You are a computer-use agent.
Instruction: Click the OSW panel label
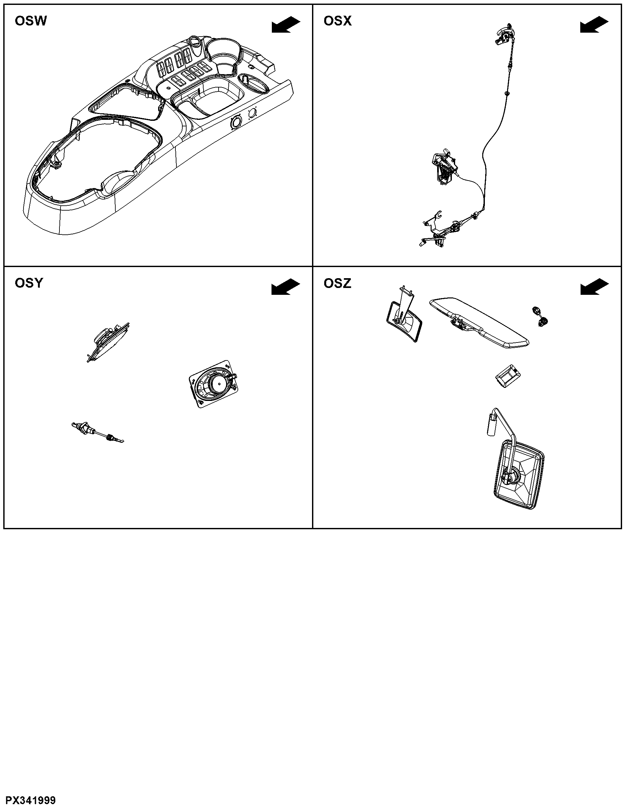[x=31, y=21]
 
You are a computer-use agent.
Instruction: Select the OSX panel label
[x=337, y=21]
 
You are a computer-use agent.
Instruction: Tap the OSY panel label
[x=29, y=283]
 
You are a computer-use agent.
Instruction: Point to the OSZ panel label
[x=337, y=283]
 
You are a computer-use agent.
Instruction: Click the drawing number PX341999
[x=30, y=800]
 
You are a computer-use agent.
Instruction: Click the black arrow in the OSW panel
[x=286, y=24]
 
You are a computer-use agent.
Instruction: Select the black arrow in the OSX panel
[x=594, y=24]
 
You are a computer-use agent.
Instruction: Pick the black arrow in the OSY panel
[x=286, y=287]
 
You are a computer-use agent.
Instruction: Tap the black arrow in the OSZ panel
[x=594, y=287]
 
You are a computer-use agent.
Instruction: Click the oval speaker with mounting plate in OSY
[x=214, y=384]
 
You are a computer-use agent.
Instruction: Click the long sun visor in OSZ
[x=479, y=322]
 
